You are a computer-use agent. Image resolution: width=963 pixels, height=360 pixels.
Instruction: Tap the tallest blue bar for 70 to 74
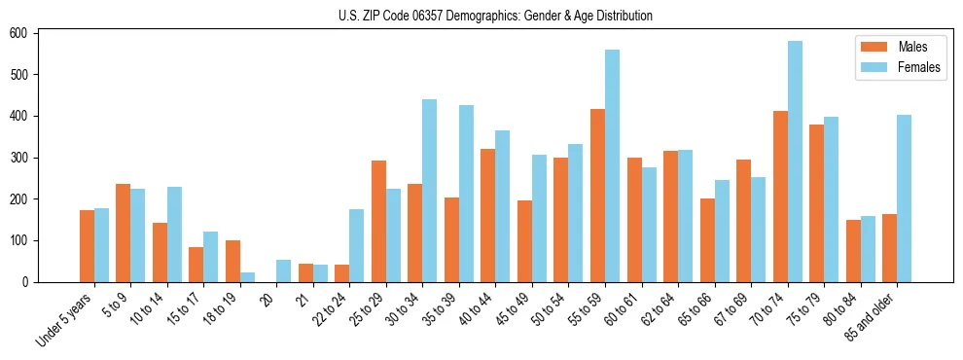coord(795,162)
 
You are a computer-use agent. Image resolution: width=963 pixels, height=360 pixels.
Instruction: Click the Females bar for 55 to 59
coord(612,165)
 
